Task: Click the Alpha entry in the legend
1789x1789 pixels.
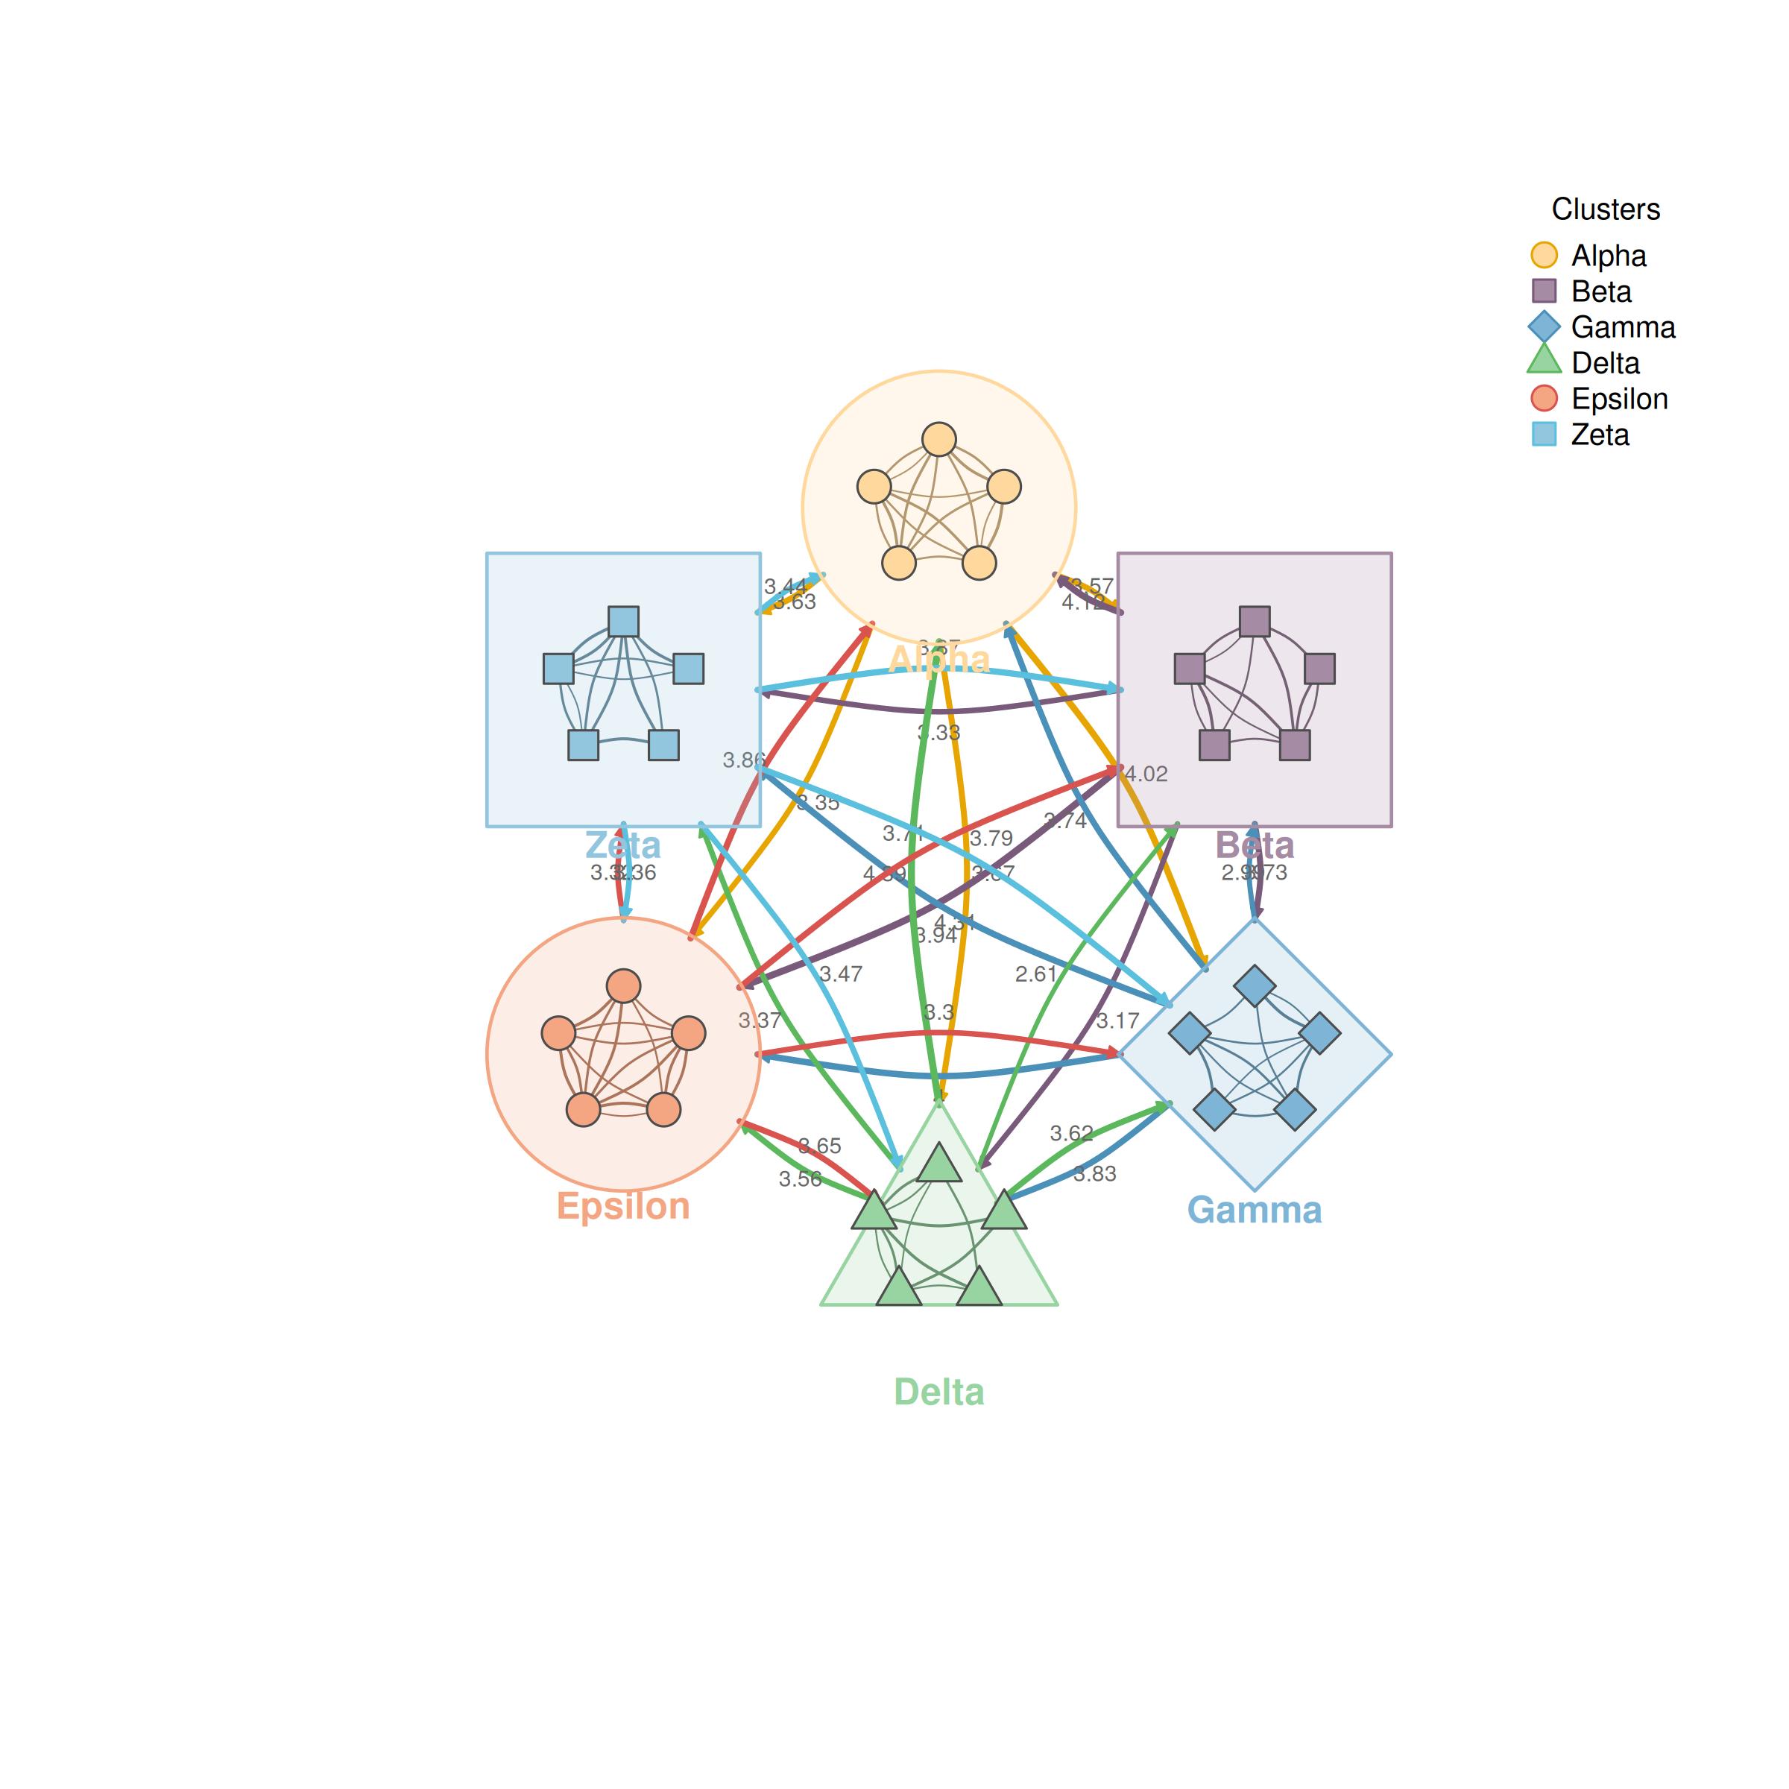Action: coord(1609,256)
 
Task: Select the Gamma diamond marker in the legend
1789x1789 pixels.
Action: coord(1544,327)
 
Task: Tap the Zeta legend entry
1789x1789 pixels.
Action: coord(1599,435)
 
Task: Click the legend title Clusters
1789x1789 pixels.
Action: coord(1606,209)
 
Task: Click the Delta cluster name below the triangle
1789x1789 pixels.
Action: coord(939,1392)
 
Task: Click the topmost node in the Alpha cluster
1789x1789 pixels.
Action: coord(939,440)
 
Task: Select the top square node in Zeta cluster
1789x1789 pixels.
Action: coord(623,622)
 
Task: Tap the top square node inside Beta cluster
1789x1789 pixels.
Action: coord(1255,622)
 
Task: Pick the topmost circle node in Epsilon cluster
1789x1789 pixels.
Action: coord(623,986)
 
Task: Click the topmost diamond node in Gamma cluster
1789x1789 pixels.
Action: coord(1255,986)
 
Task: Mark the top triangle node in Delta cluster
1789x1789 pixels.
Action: coord(939,1164)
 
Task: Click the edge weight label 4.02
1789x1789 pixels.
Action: coord(1146,774)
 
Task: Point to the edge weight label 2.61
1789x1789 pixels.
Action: coord(1035,974)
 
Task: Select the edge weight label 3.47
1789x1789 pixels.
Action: coord(841,974)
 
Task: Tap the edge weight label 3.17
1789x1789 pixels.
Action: coord(1117,1021)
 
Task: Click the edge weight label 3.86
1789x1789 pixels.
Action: coord(744,760)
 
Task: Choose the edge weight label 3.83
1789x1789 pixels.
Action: coord(1096,1174)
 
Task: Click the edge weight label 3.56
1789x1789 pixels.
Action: coord(799,1179)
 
